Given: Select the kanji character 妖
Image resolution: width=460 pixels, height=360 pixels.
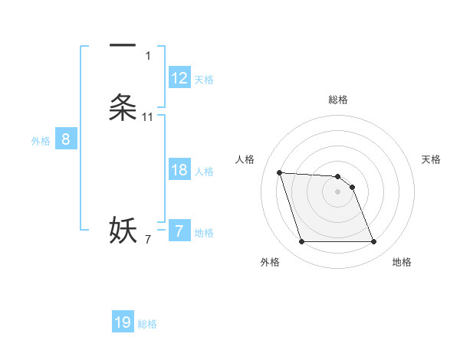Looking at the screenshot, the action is pyautogui.click(x=123, y=230).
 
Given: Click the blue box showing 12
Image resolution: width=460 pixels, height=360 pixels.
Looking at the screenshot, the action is pyautogui.click(x=179, y=78).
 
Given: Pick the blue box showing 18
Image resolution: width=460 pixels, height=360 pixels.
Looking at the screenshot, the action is pyautogui.click(x=179, y=170).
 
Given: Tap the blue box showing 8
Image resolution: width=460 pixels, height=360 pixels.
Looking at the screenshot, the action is pyautogui.click(x=66, y=139).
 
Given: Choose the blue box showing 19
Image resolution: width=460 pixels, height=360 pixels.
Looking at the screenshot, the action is pyautogui.click(x=123, y=322).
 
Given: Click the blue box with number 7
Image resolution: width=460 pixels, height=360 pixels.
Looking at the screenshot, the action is pyautogui.click(x=179, y=231).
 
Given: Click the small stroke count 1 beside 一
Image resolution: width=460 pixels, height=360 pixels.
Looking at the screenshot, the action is pyautogui.click(x=147, y=56).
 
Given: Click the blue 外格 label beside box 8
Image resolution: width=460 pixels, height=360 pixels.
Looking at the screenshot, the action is pyautogui.click(x=40, y=141).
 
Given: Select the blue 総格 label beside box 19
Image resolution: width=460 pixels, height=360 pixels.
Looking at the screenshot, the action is pyautogui.click(x=147, y=324).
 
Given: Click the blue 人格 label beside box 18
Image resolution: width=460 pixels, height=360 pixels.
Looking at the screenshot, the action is pyautogui.click(x=204, y=172).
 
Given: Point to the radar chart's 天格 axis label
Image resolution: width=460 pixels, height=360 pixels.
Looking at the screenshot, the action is pyautogui.click(x=432, y=159).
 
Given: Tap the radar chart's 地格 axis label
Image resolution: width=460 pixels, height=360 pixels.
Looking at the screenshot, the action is pyautogui.click(x=402, y=262).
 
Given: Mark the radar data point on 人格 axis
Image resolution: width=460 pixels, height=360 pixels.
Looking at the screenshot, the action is pyautogui.click(x=279, y=172).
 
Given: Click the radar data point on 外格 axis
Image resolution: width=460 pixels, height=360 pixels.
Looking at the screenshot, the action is pyautogui.click(x=301, y=242).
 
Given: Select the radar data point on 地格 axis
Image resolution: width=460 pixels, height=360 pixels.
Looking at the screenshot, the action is pyautogui.click(x=373, y=242).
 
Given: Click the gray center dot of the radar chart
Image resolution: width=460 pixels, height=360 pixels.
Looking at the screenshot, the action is pyautogui.click(x=337, y=192).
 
